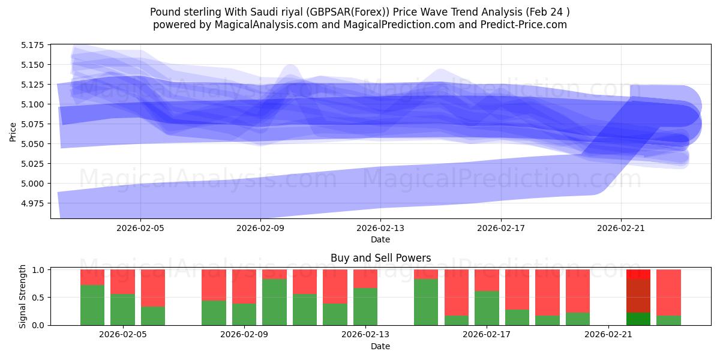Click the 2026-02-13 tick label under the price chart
[x=380, y=228]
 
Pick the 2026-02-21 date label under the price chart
[x=620, y=228]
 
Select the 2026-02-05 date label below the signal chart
[x=123, y=335]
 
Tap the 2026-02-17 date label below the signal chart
[x=487, y=335]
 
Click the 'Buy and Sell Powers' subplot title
[x=380, y=259]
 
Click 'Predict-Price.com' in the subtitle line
[x=526, y=25]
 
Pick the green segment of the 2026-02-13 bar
[x=365, y=306]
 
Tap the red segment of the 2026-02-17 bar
[x=487, y=280]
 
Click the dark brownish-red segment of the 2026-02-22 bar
[x=638, y=296]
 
